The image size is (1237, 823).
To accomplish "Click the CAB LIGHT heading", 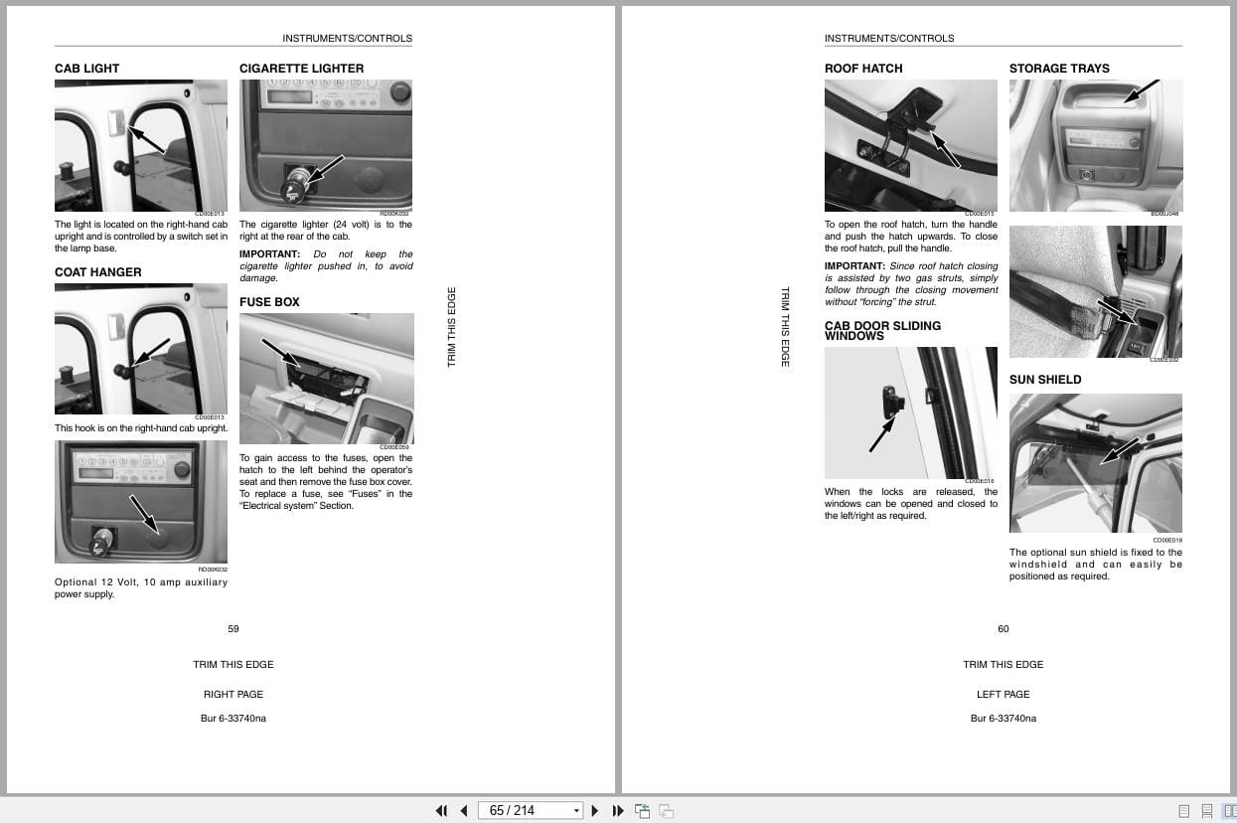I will (86, 69).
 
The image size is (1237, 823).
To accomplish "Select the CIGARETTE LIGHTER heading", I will (301, 69).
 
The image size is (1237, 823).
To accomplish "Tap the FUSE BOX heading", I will (269, 302).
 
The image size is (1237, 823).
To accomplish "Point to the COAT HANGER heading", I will (97, 272).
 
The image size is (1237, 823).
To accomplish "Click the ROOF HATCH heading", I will (862, 69).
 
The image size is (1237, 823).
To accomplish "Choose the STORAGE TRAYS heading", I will (1059, 69).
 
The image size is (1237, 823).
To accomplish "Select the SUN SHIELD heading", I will (1045, 380).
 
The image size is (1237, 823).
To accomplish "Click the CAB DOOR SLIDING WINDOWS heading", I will (882, 331).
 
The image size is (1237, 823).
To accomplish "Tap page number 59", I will (233, 628).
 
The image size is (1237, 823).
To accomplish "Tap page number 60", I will (1004, 628).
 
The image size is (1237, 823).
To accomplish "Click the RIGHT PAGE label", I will (233, 694).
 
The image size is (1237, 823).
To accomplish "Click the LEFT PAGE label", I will (1004, 694).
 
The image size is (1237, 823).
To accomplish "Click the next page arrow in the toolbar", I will (595, 810).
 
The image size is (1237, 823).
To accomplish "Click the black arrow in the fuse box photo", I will (281, 351).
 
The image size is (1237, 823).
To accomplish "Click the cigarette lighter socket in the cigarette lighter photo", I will (295, 186).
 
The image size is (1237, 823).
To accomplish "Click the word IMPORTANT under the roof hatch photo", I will (853, 266).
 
